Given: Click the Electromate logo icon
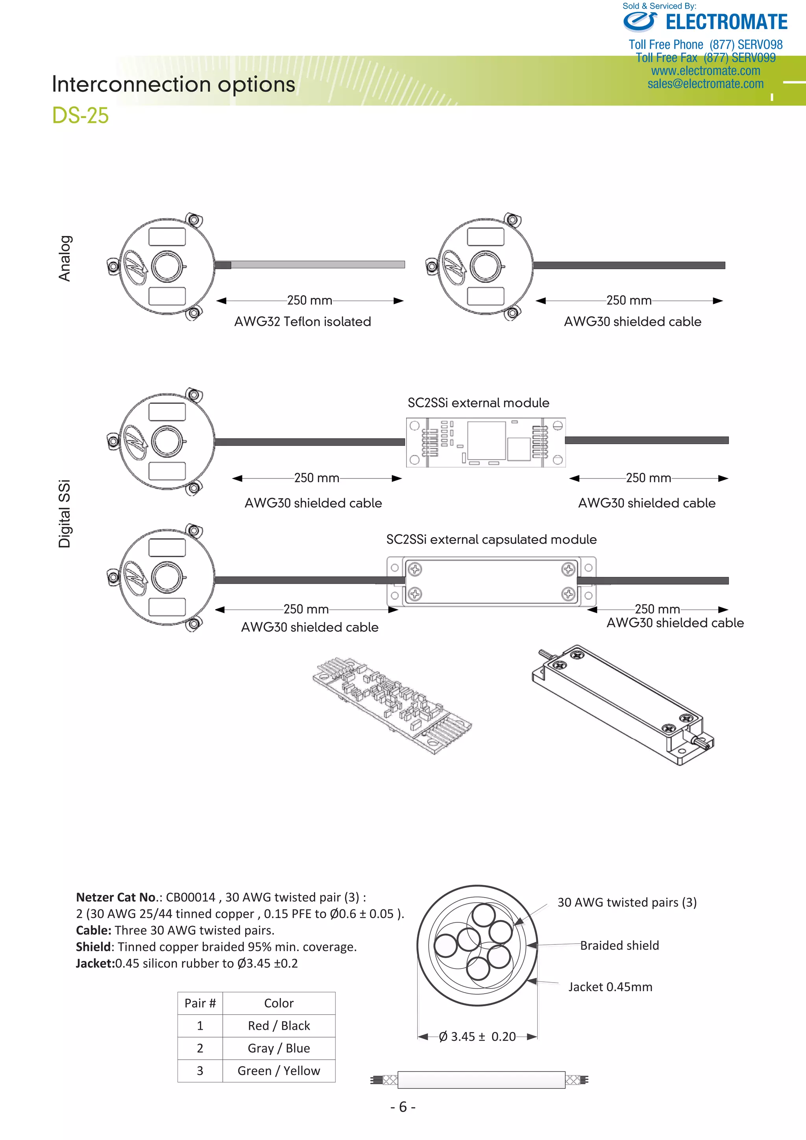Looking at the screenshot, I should click(640, 22).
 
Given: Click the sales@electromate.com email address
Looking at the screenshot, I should click(705, 84).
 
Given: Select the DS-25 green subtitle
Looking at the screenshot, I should click(80, 115).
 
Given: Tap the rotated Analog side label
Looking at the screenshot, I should click(65, 258).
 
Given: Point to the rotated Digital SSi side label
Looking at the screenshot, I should click(65, 514).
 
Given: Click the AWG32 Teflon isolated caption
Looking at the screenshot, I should click(302, 322).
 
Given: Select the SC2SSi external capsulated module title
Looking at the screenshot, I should click(491, 540).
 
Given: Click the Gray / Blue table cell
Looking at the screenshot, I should click(279, 1048).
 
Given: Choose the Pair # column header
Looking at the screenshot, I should click(200, 1003).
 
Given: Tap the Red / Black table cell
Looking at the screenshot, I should click(279, 1025).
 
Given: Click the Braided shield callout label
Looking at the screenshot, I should click(619, 945).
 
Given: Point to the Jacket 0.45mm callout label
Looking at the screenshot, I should click(610, 987).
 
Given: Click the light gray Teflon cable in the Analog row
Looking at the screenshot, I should click(318, 265).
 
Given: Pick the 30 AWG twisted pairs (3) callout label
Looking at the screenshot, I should click(627, 902).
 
